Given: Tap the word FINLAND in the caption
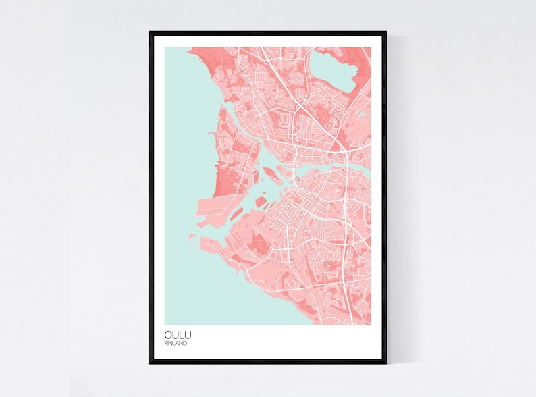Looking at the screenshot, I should [176, 343].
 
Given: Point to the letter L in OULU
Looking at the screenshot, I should [180, 335].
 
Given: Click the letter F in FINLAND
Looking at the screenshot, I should [165, 343].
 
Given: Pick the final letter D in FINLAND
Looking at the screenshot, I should [186, 343].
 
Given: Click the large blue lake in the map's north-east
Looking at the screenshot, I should [331, 70].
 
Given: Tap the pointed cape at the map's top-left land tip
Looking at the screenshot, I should [193, 49].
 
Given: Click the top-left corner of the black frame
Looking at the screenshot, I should [151, 32].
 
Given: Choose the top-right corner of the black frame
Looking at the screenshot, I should [385, 32].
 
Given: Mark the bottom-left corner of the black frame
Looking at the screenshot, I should [151, 363].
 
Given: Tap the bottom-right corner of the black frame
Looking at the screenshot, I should [385, 363].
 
